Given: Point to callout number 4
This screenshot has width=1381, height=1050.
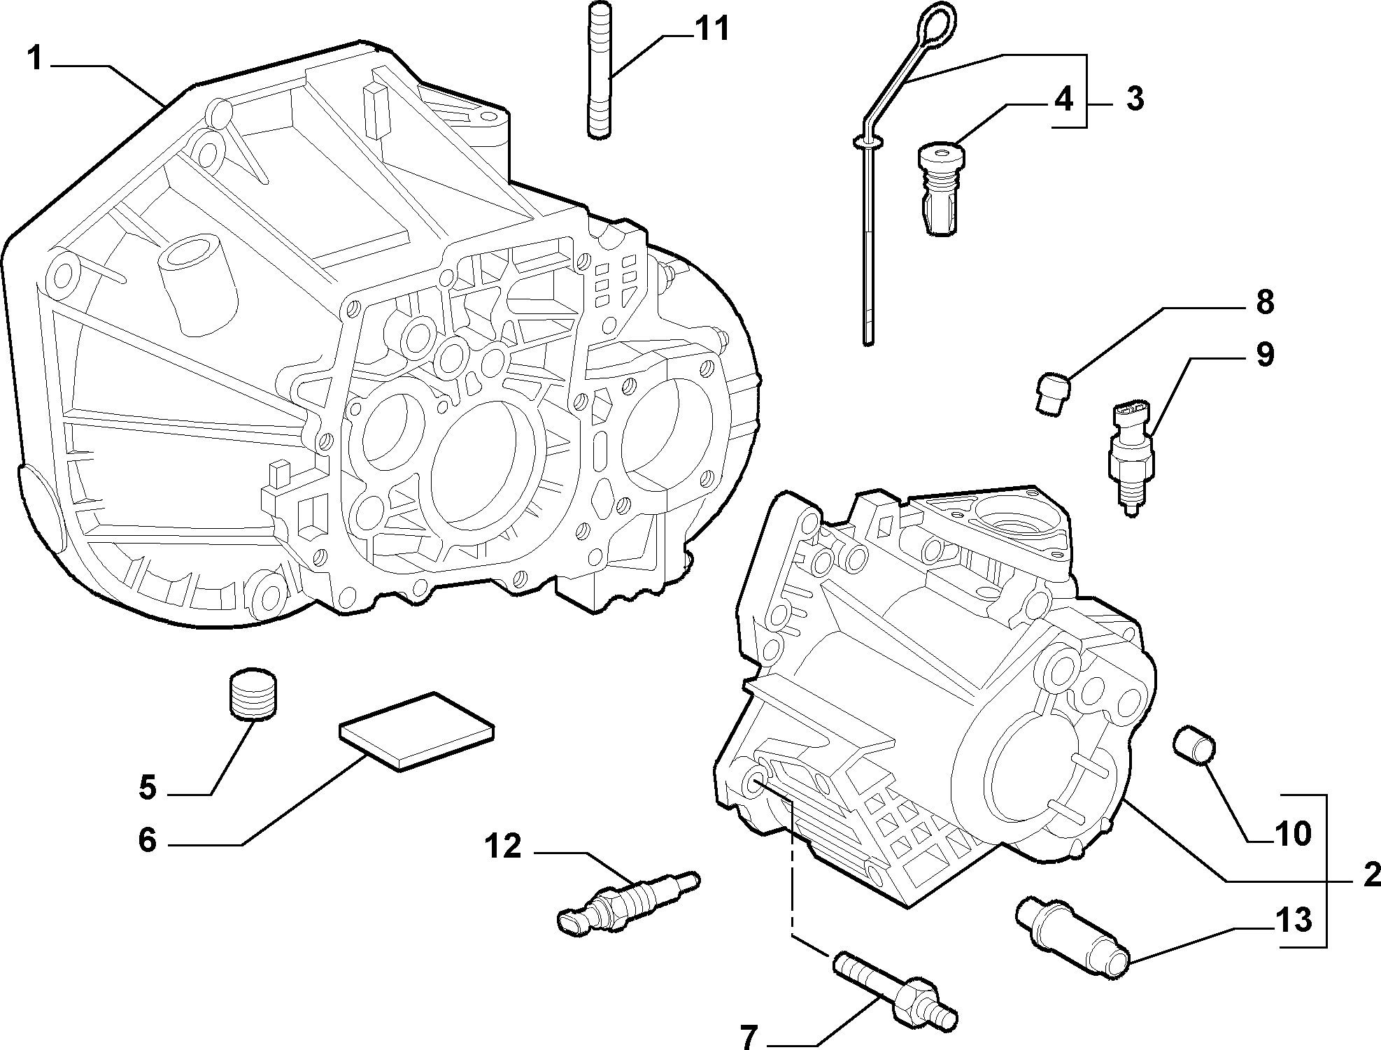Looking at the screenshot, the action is pos(1063,100).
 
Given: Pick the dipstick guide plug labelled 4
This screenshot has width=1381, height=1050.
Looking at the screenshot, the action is pos(937,187).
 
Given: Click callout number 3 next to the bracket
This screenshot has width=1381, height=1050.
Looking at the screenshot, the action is pos(1135,99).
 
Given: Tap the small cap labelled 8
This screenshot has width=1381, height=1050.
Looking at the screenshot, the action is pos(1051,394).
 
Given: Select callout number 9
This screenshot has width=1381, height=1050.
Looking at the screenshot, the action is pos(1265,354).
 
